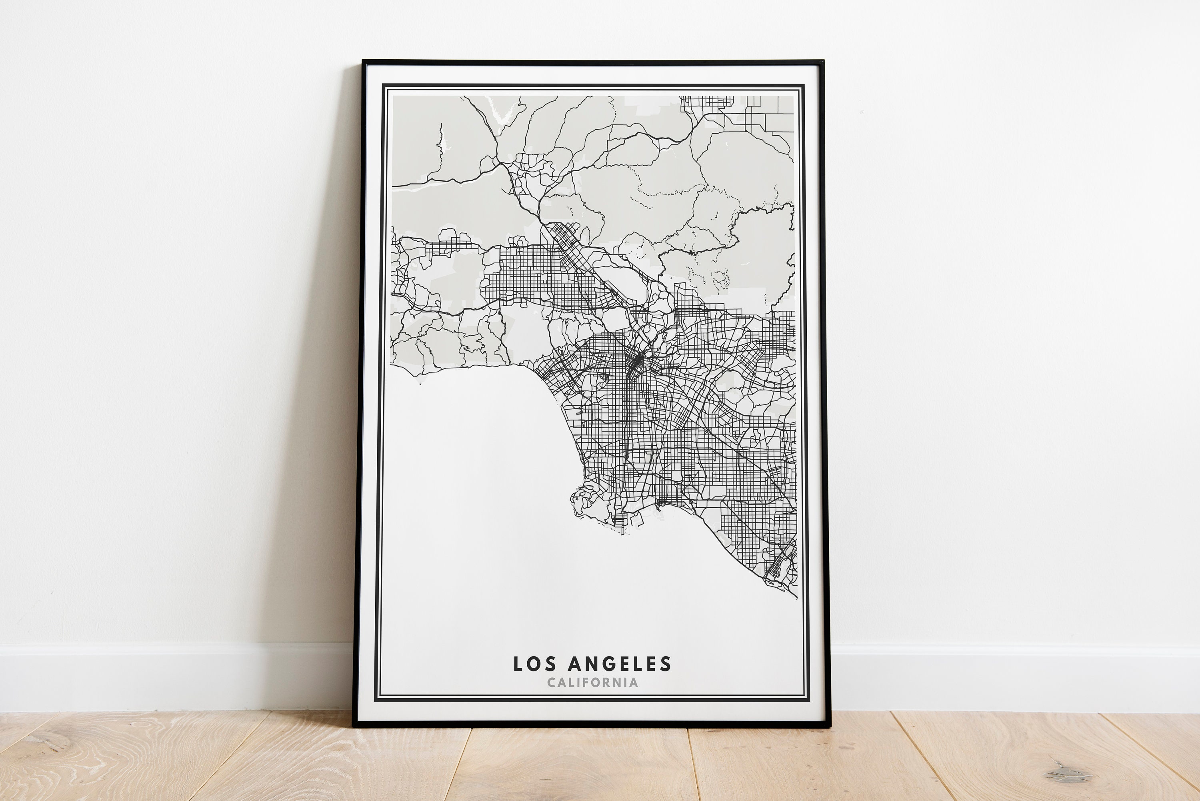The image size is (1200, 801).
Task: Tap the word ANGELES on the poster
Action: point(620,664)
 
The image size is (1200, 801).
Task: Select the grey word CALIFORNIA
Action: point(592,683)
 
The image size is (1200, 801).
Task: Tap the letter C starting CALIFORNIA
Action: point(551,683)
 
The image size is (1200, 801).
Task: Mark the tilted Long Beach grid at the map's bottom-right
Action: point(779,565)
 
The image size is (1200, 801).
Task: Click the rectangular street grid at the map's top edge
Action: point(707,102)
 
